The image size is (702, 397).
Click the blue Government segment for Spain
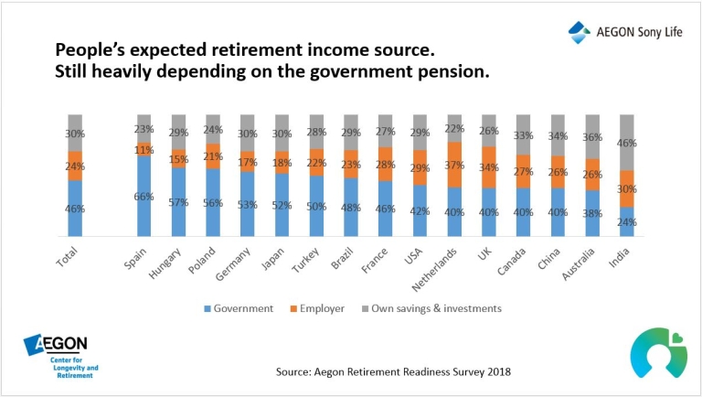pos(144,196)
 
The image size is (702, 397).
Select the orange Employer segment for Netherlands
pos(454,165)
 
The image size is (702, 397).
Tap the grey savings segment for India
pos(627,143)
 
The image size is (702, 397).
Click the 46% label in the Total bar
pos(75,209)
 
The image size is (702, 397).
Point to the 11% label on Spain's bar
pos(144,150)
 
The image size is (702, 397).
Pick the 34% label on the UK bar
pos(489,166)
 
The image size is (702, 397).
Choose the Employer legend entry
pos(321,308)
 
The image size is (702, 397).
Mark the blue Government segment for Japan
pos(282,206)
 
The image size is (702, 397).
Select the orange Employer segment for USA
pos(420,168)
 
